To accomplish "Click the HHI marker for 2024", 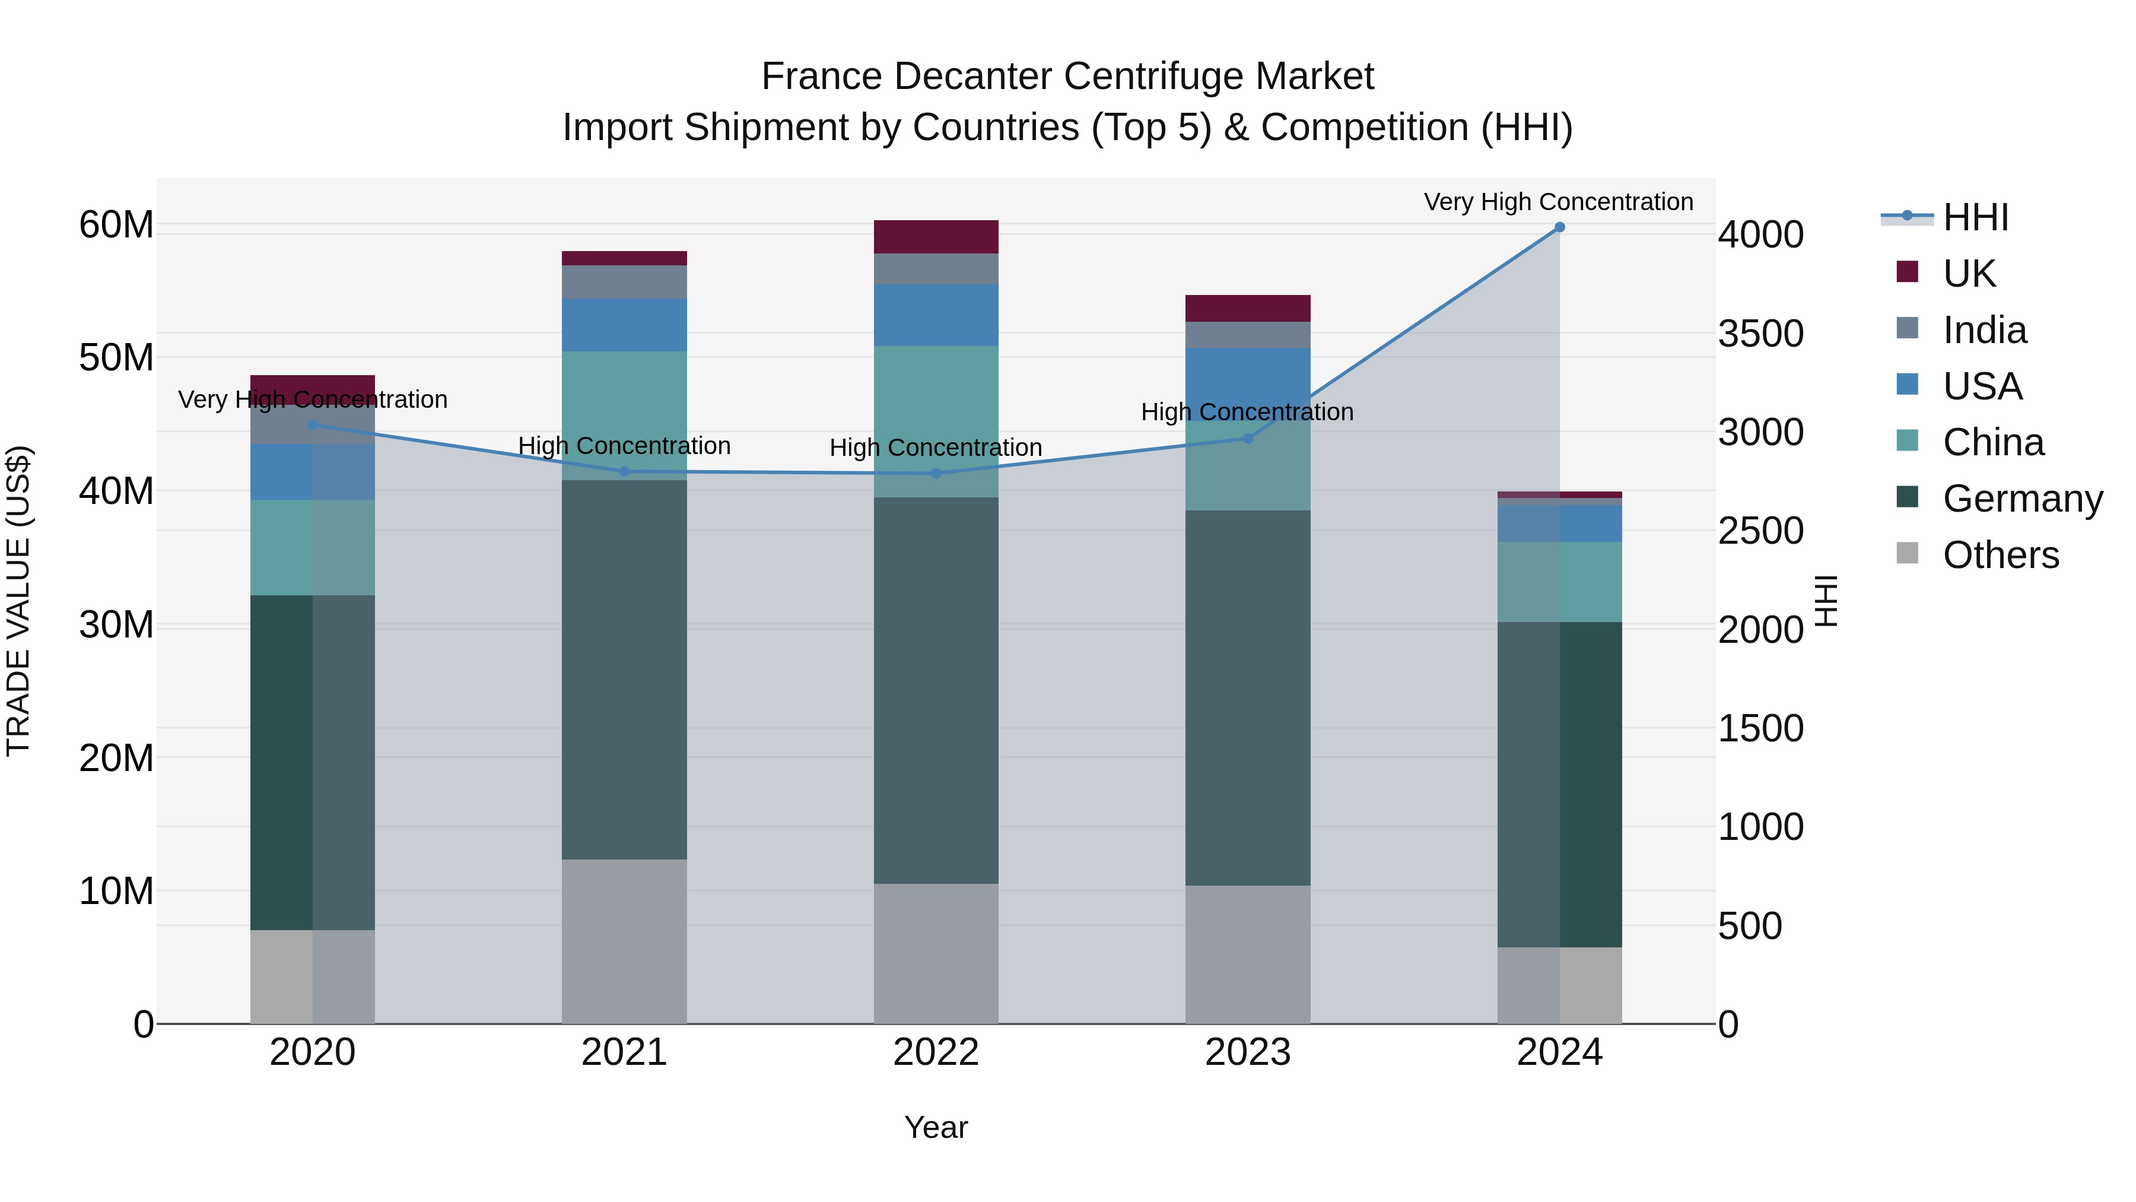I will click(1559, 227).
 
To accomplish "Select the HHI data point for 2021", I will click(624, 471).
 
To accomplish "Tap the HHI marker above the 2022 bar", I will click(936, 474).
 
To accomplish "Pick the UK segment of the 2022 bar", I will click(936, 237).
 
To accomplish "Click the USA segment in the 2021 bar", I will click(624, 325).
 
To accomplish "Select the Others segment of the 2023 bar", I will click(1248, 954).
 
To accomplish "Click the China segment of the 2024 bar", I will click(1559, 582).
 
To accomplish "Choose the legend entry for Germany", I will click(2023, 499).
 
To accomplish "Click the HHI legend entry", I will click(1975, 217).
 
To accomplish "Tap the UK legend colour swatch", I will click(1907, 272).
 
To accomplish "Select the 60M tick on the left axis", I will click(116, 225).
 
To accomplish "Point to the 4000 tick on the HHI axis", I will click(1760, 234).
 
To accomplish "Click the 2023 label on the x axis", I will click(1248, 1052).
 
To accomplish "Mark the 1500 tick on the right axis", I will click(1760, 728).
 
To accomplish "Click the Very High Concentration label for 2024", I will click(1558, 202).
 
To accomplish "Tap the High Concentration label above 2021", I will click(624, 445).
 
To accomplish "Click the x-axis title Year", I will click(936, 1127).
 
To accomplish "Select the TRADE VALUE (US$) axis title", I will click(18, 601).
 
